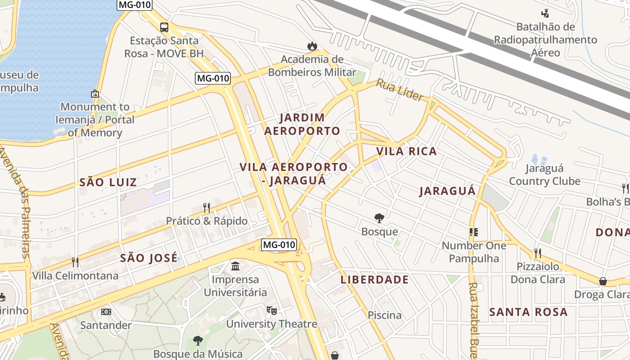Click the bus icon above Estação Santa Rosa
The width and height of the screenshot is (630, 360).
click(164, 27)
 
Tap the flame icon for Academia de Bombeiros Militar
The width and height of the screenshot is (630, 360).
click(311, 46)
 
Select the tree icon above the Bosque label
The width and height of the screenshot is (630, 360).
click(379, 218)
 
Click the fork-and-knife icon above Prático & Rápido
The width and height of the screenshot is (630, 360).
click(207, 207)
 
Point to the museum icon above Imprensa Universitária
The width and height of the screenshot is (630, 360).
click(235, 266)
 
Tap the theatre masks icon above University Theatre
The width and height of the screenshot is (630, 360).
click(271, 310)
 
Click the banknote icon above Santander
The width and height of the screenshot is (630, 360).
click(106, 311)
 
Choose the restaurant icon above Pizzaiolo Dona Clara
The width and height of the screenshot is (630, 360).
click(537, 253)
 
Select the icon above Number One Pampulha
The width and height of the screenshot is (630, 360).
click(473, 232)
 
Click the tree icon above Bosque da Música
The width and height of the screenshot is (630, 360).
click(198, 340)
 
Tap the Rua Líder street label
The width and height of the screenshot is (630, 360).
click(400, 90)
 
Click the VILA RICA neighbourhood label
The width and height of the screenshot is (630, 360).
click(406, 151)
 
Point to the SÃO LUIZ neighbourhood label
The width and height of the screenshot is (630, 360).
click(108, 182)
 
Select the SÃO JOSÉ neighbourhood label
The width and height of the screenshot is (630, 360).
click(149, 258)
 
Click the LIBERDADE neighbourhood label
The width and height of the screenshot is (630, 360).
click(374, 279)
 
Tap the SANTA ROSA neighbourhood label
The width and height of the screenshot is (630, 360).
click(528, 312)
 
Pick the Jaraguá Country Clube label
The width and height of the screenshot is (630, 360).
click(544, 175)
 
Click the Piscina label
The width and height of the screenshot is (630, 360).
click(385, 315)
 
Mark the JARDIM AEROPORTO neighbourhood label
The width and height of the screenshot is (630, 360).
click(302, 124)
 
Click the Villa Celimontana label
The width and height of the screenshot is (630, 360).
click(75, 275)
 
